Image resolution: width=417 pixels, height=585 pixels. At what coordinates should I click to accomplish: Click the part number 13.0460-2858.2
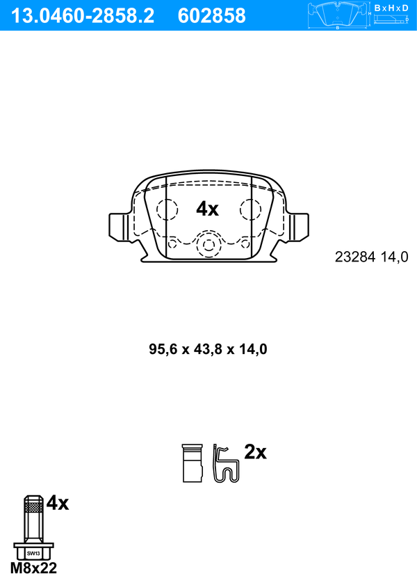83,16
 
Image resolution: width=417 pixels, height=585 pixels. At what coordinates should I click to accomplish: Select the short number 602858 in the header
212,16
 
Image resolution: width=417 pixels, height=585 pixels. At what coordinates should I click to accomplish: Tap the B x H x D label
391,8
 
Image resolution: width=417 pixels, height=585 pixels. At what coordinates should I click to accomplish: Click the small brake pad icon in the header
338,15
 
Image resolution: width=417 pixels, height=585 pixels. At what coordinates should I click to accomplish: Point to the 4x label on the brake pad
208,209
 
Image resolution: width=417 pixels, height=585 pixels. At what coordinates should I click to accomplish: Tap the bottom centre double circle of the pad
208,245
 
